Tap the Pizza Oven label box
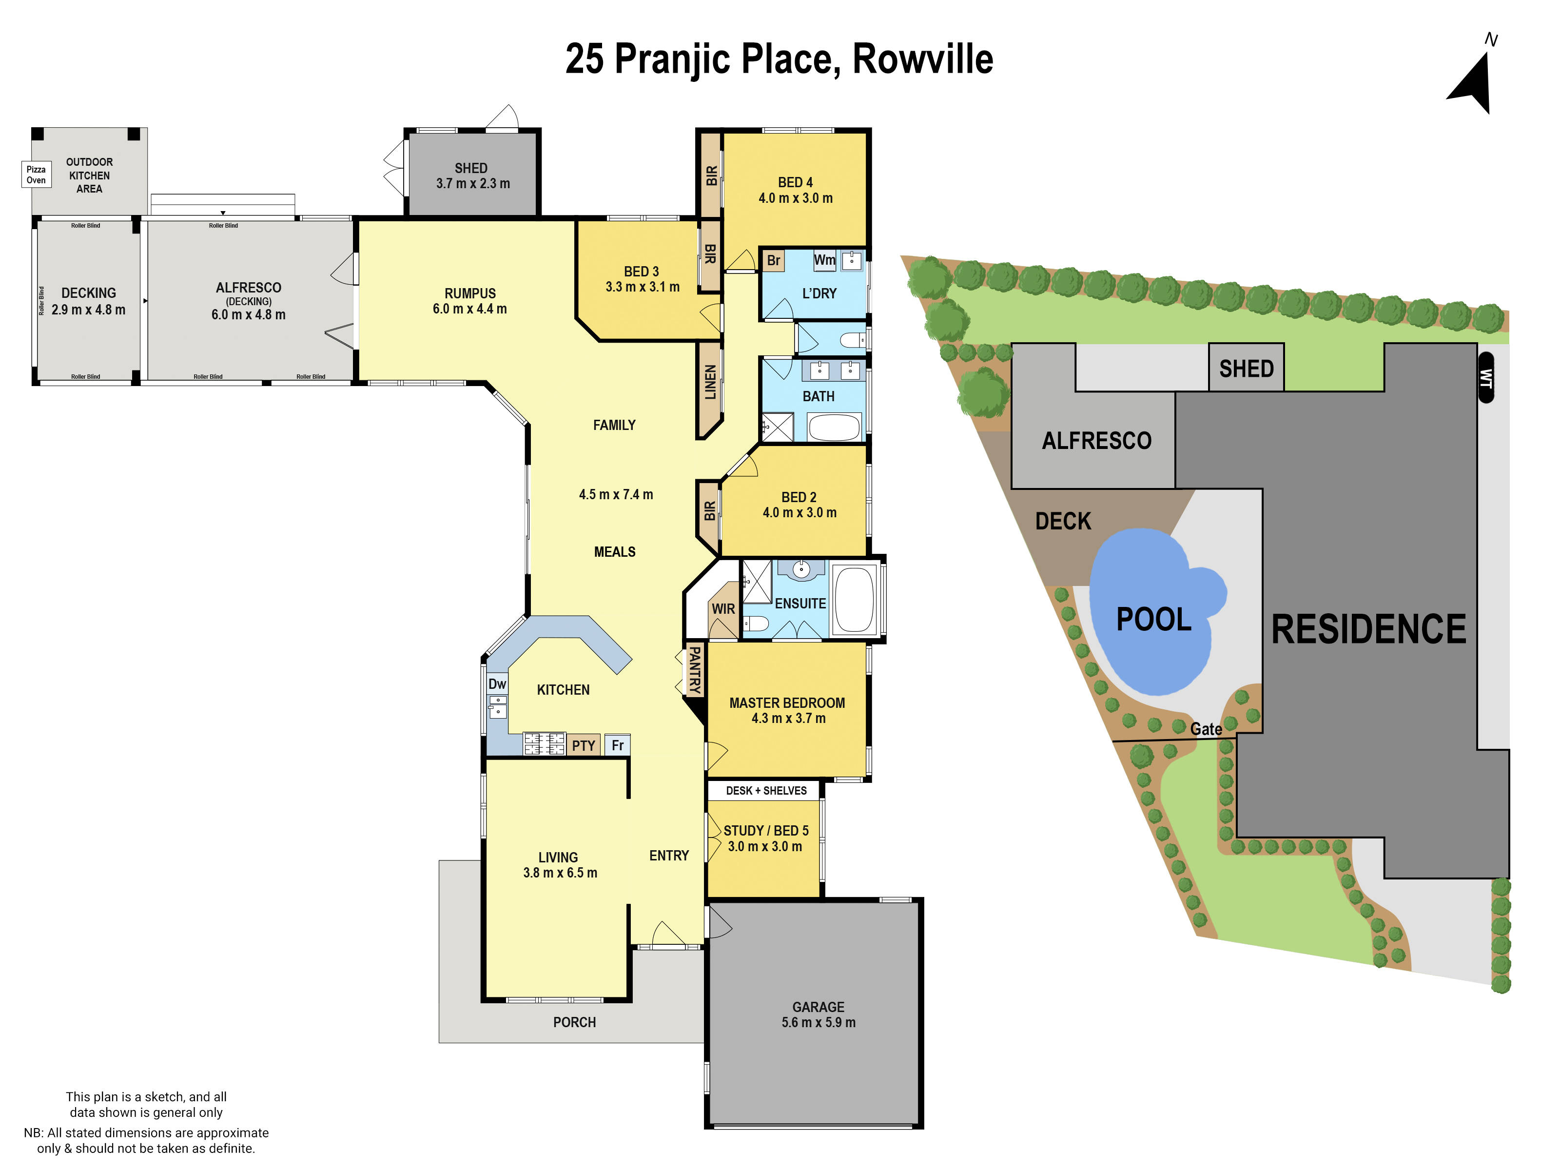(36, 174)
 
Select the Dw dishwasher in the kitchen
(497, 683)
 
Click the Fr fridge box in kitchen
(617, 745)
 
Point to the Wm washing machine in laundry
(824, 260)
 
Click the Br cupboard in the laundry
(774, 260)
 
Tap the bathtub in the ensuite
(854, 599)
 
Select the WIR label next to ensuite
(723, 608)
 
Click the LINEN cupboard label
(709, 382)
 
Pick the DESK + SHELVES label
(766, 791)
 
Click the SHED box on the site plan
(1246, 368)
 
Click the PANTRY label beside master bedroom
(695, 670)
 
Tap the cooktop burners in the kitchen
(544, 743)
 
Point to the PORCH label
(574, 1022)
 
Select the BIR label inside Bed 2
(709, 510)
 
